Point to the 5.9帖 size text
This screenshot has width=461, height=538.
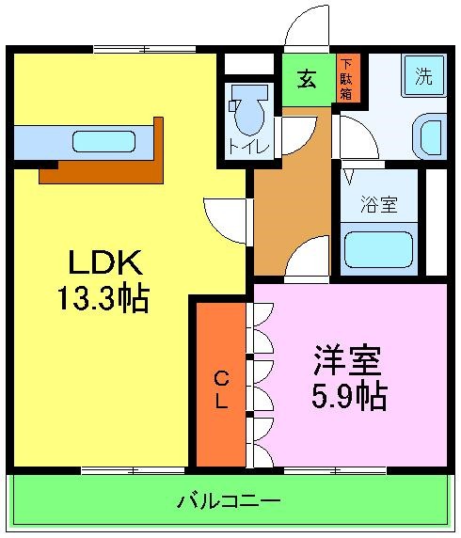[348, 396]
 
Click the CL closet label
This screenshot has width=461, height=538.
[221, 390]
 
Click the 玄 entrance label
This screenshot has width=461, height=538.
[307, 80]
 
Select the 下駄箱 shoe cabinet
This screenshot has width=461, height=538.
[346, 79]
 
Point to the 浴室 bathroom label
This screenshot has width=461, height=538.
[377, 200]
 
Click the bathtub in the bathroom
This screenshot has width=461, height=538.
[379, 249]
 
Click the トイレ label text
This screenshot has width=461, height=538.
[249, 148]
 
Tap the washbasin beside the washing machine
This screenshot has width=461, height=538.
[432, 136]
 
